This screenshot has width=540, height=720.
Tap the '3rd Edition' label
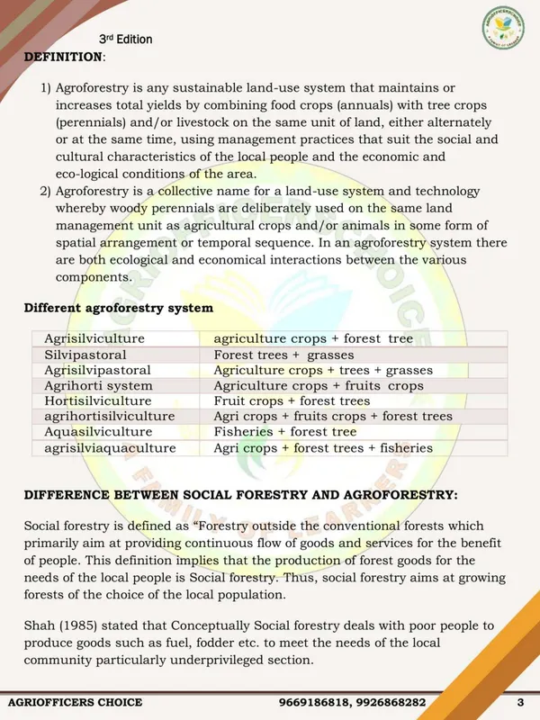(125, 40)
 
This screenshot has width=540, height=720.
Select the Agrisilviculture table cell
(94, 338)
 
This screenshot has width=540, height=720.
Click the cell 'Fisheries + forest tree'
(285, 432)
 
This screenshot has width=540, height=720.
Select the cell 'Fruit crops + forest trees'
(292, 401)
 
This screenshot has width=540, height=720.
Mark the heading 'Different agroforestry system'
(118, 308)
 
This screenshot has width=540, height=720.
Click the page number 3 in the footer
(519, 702)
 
